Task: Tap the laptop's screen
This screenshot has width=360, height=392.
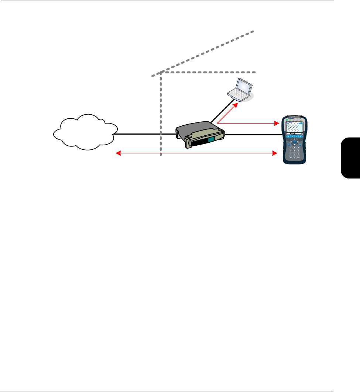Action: pos(244,86)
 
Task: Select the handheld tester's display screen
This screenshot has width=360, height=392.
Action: pos(294,128)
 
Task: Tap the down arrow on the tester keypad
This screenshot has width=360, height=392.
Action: pos(294,144)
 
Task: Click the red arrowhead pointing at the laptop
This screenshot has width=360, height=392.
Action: pos(237,105)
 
